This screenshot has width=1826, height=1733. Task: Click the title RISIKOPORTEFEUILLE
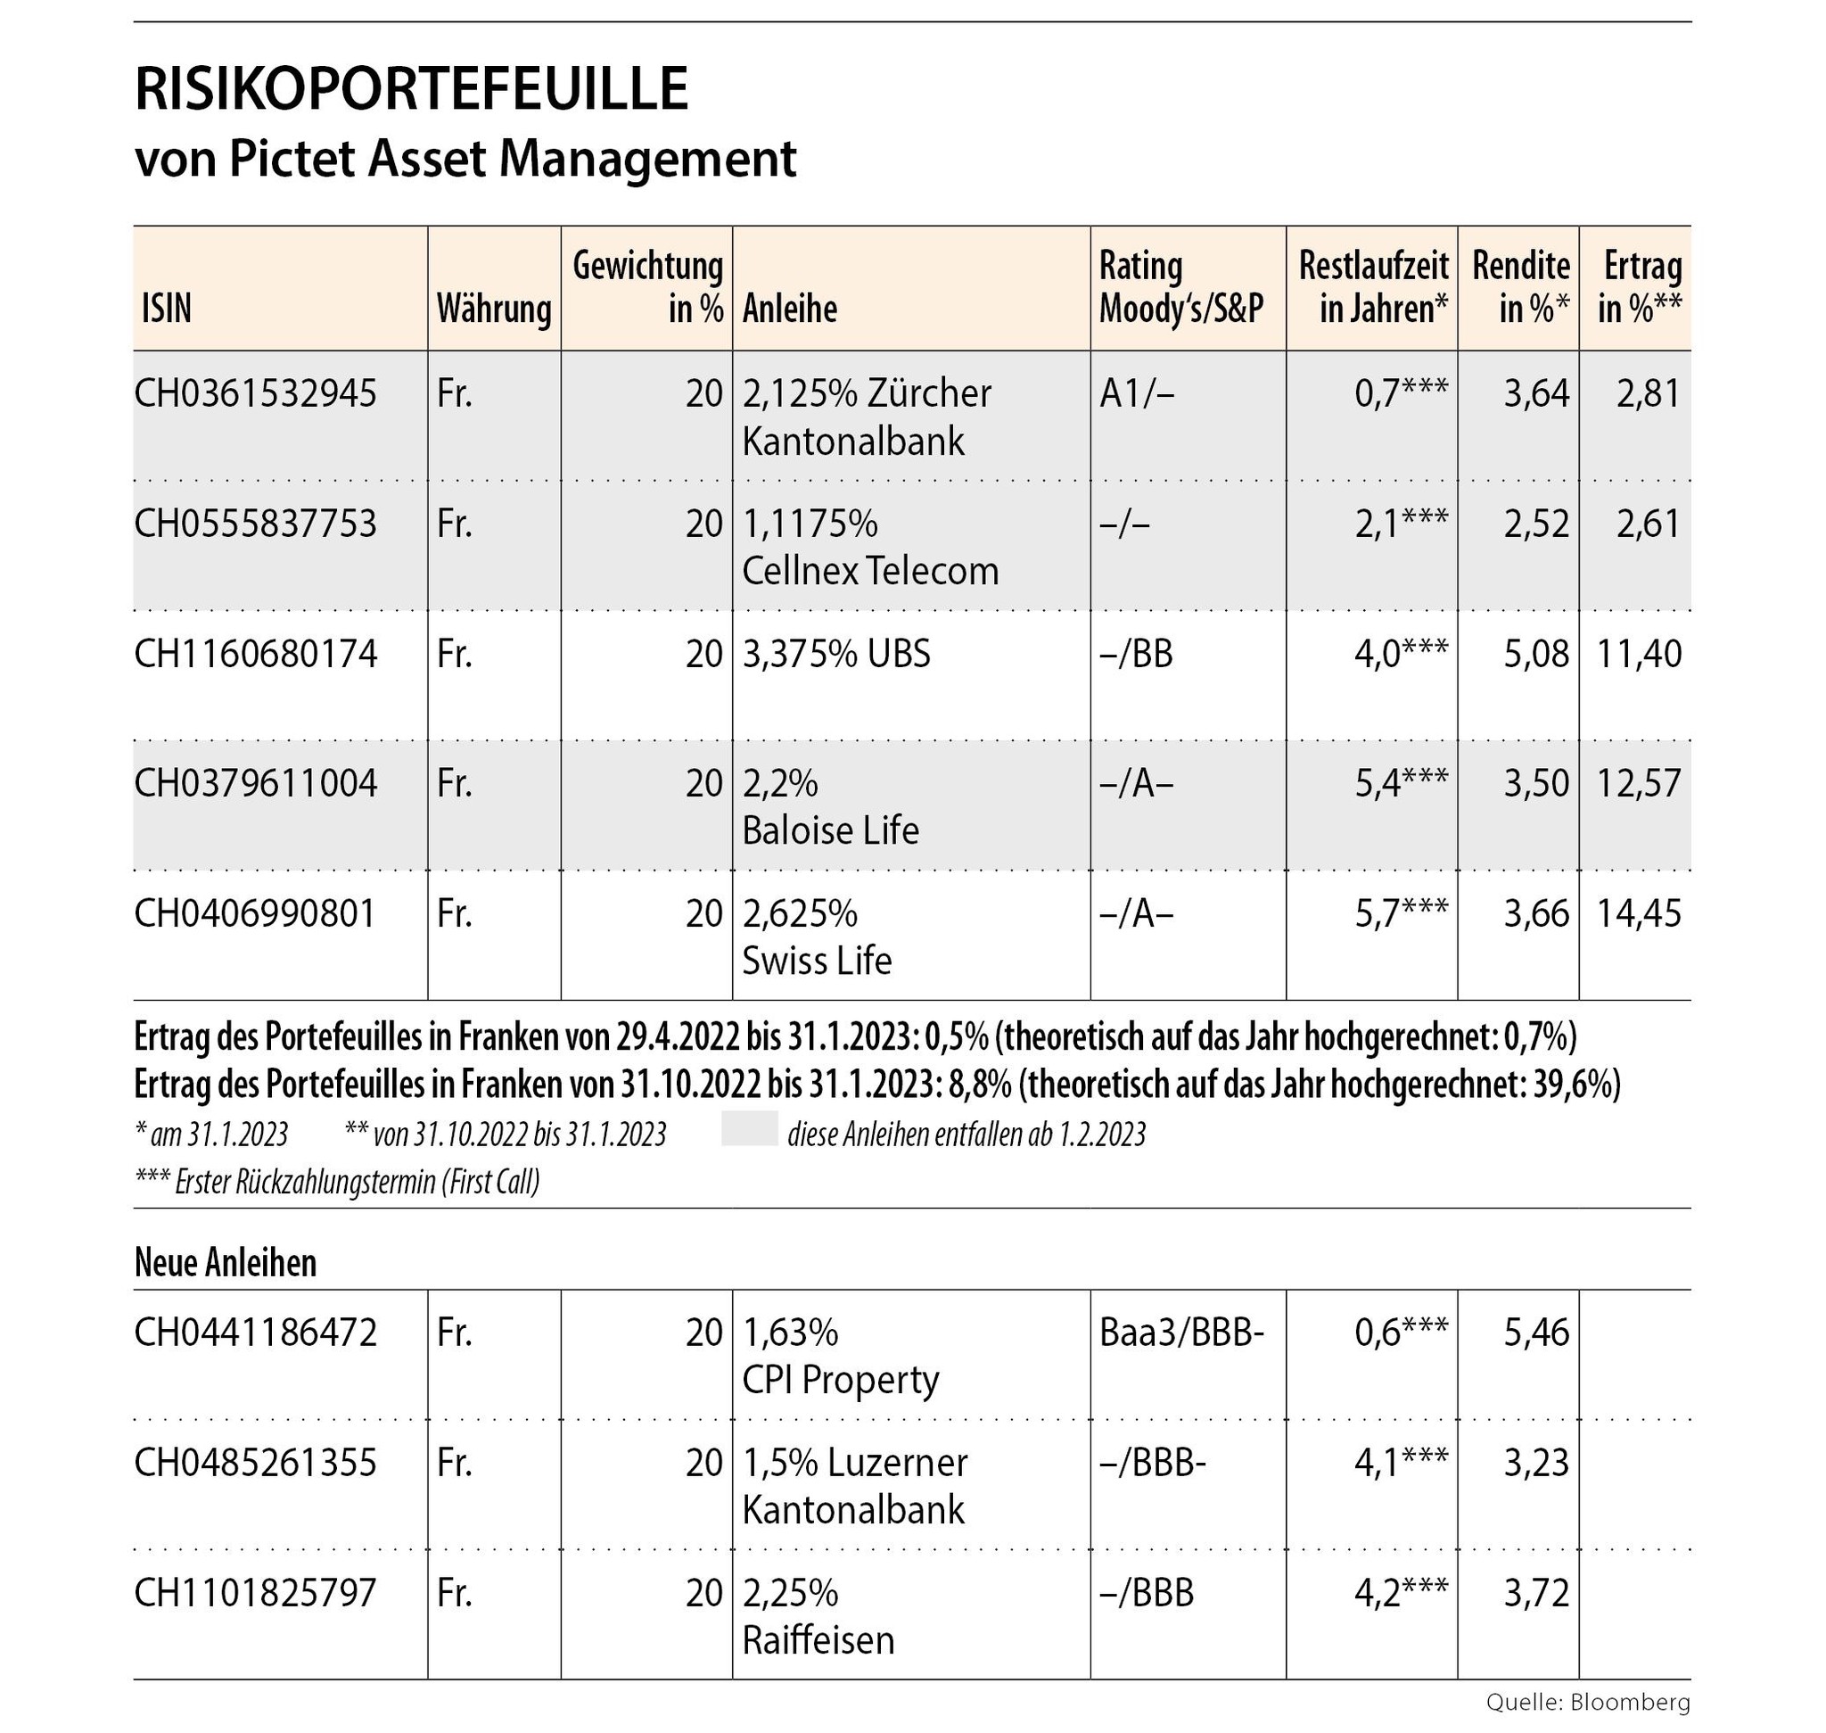[x=411, y=91]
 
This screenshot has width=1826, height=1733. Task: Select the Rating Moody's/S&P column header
[x=1180, y=287]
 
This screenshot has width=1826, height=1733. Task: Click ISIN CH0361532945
[x=256, y=394]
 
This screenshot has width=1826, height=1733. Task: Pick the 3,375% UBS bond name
[x=836, y=654]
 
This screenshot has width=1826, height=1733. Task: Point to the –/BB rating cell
[x=1136, y=654]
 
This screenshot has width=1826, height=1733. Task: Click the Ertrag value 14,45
[x=1640, y=913]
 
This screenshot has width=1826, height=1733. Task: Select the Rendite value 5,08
[x=1536, y=654]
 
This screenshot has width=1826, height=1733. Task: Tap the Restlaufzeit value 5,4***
[x=1400, y=783]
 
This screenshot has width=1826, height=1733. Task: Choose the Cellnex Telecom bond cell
[x=869, y=548]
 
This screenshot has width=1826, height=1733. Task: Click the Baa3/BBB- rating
[x=1180, y=1333]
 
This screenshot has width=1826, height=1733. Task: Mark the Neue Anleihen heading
[x=226, y=1262]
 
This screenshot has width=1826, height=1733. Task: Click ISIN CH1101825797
[x=256, y=1593]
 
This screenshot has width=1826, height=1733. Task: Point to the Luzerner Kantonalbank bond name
[x=854, y=1486]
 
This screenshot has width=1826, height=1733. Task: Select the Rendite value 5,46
[x=1536, y=1333]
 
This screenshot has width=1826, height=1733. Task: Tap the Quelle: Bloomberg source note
[x=1588, y=1702]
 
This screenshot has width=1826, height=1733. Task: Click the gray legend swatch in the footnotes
[x=749, y=1134]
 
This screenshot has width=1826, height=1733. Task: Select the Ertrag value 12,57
[x=1640, y=783]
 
